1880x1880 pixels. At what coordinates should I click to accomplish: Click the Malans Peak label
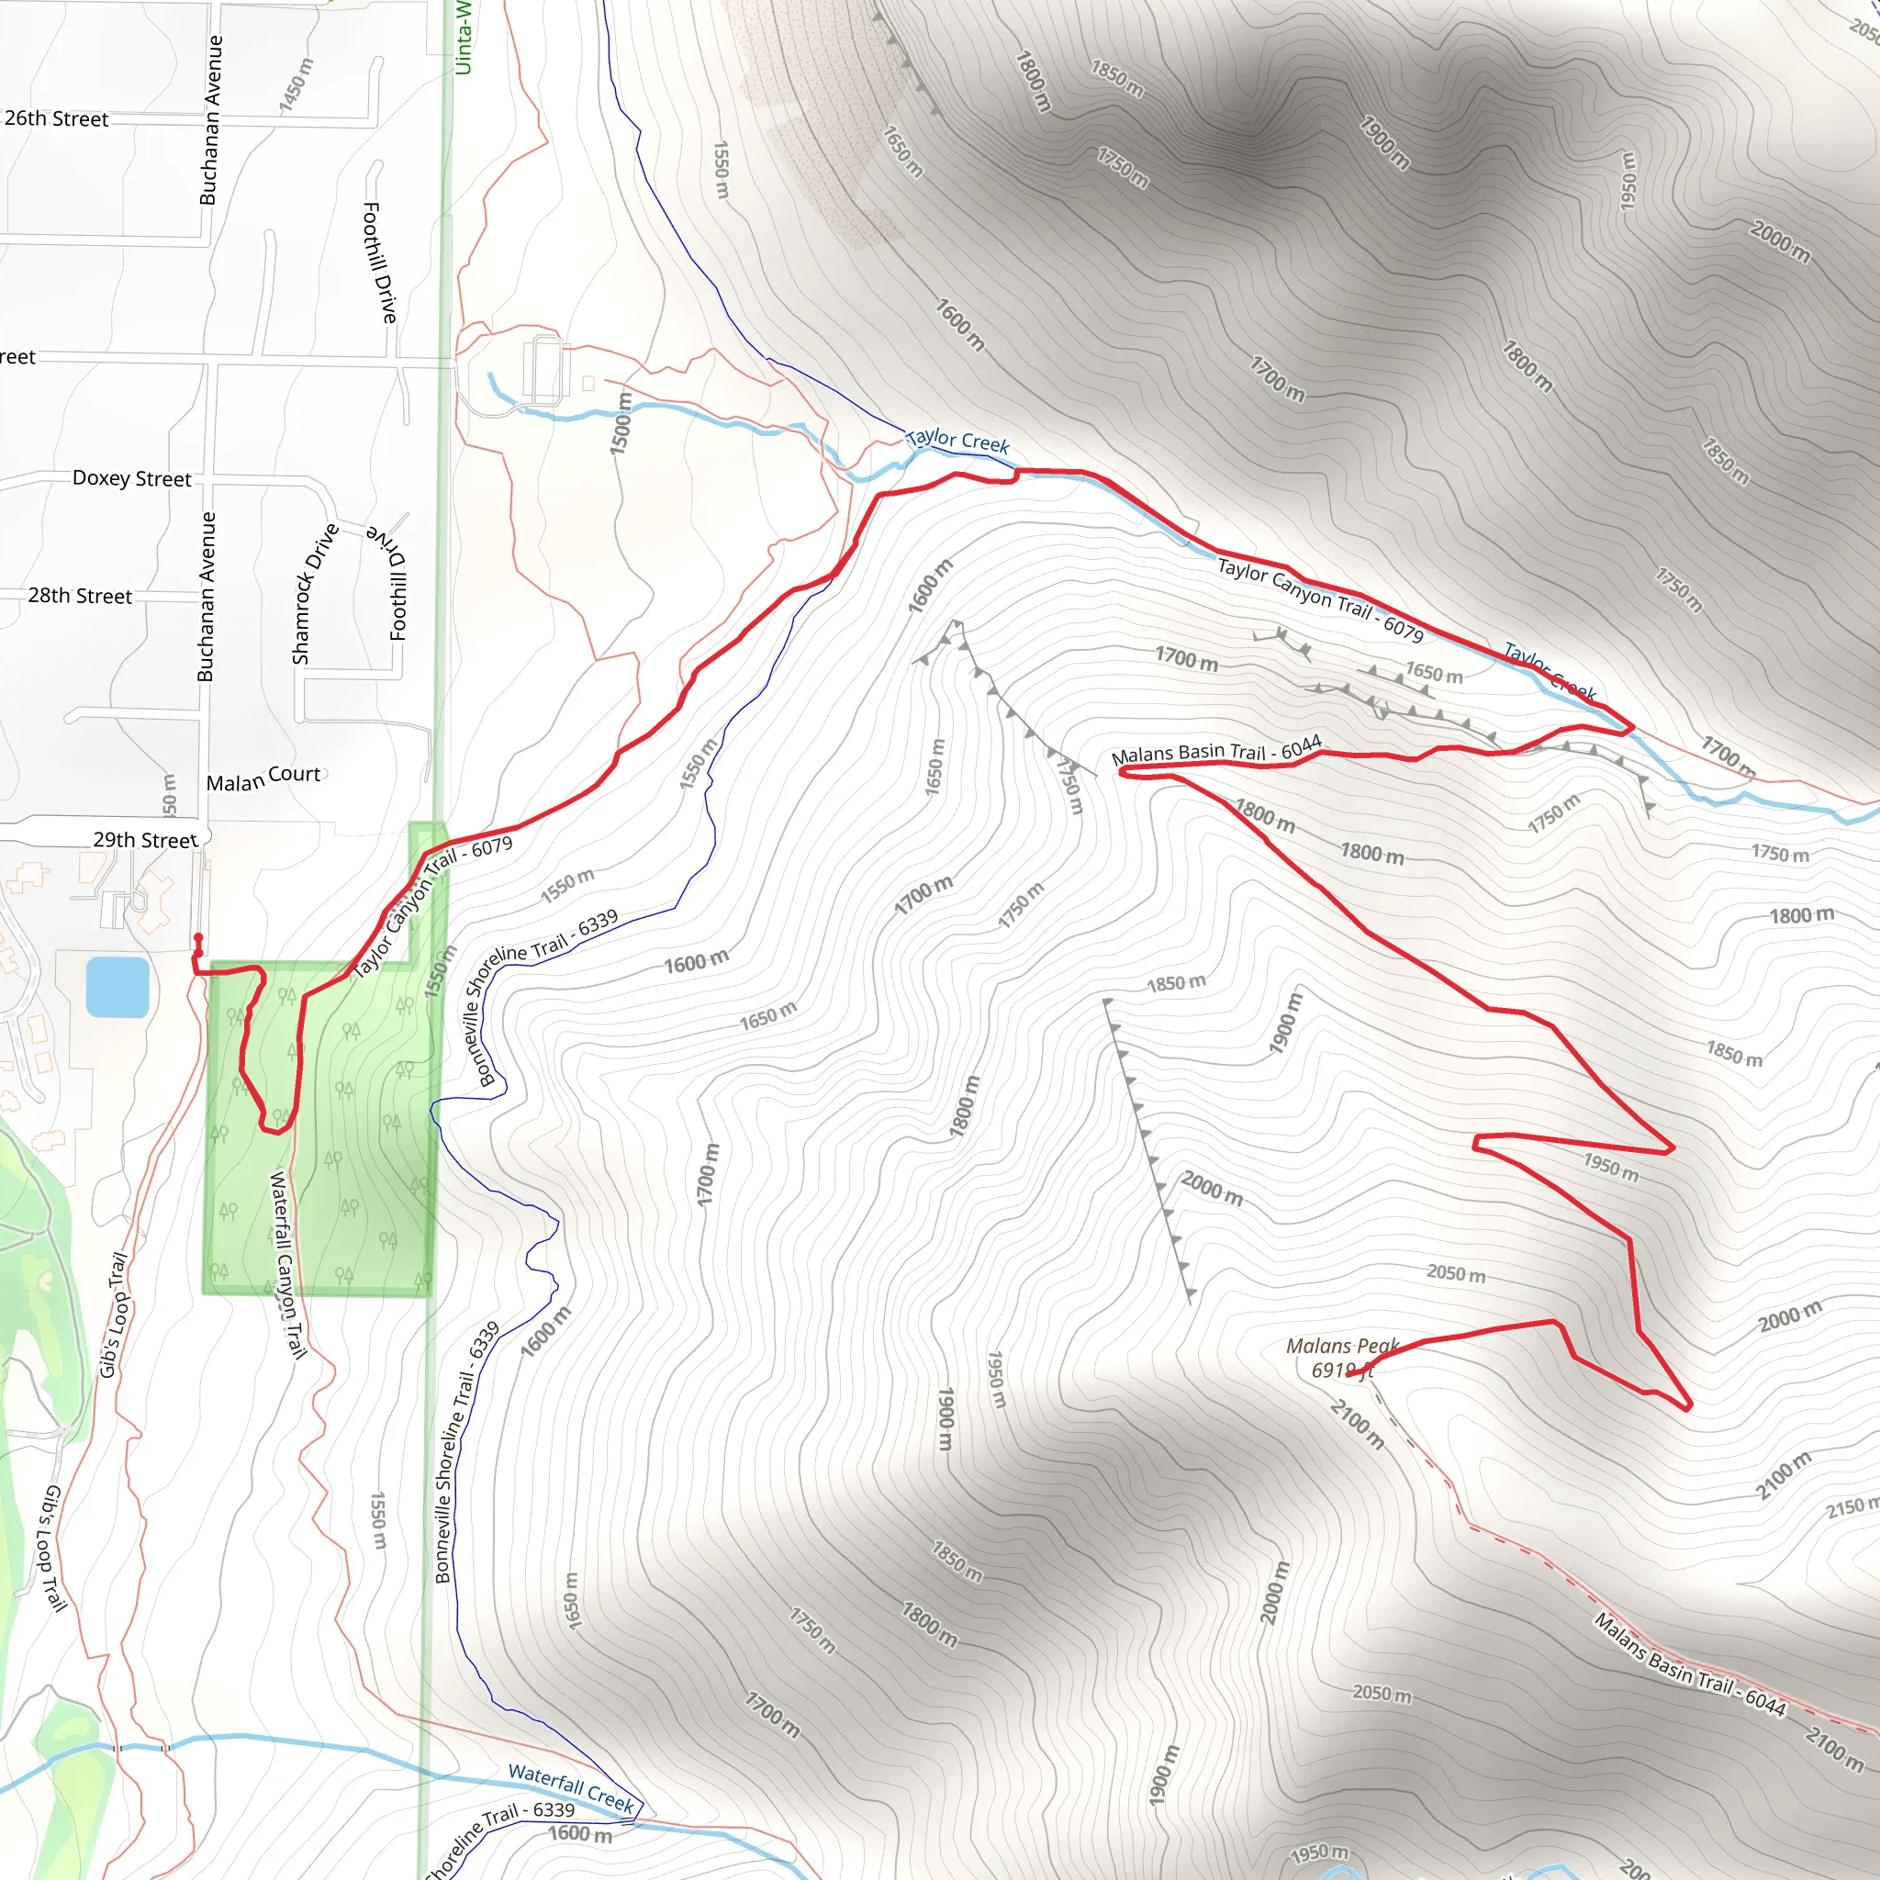click(1341, 1358)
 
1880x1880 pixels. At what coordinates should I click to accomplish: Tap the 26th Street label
click(56, 118)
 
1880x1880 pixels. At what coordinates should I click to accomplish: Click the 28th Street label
click(80, 596)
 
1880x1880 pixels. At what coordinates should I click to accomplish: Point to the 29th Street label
click(145, 839)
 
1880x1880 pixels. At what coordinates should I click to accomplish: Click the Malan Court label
click(263, 778)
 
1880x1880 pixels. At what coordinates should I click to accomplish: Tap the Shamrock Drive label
click(313, 594)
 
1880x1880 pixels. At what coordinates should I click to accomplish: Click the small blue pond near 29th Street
click(117, 987)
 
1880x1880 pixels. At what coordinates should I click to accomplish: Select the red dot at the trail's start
click(198, 939)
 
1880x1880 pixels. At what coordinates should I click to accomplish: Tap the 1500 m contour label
click(620, 423)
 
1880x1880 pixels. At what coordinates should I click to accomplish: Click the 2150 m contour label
click(1852, 1507)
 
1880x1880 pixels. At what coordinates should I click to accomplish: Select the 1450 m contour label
click(296, 84)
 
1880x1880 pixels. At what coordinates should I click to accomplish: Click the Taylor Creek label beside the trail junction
click(957, 441)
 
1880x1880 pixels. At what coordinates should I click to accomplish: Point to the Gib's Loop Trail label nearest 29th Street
click(113, 1314)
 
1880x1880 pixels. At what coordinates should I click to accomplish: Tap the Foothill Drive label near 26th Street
click(379, 263)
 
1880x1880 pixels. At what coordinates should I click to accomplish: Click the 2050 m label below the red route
click(1456, 1273)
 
